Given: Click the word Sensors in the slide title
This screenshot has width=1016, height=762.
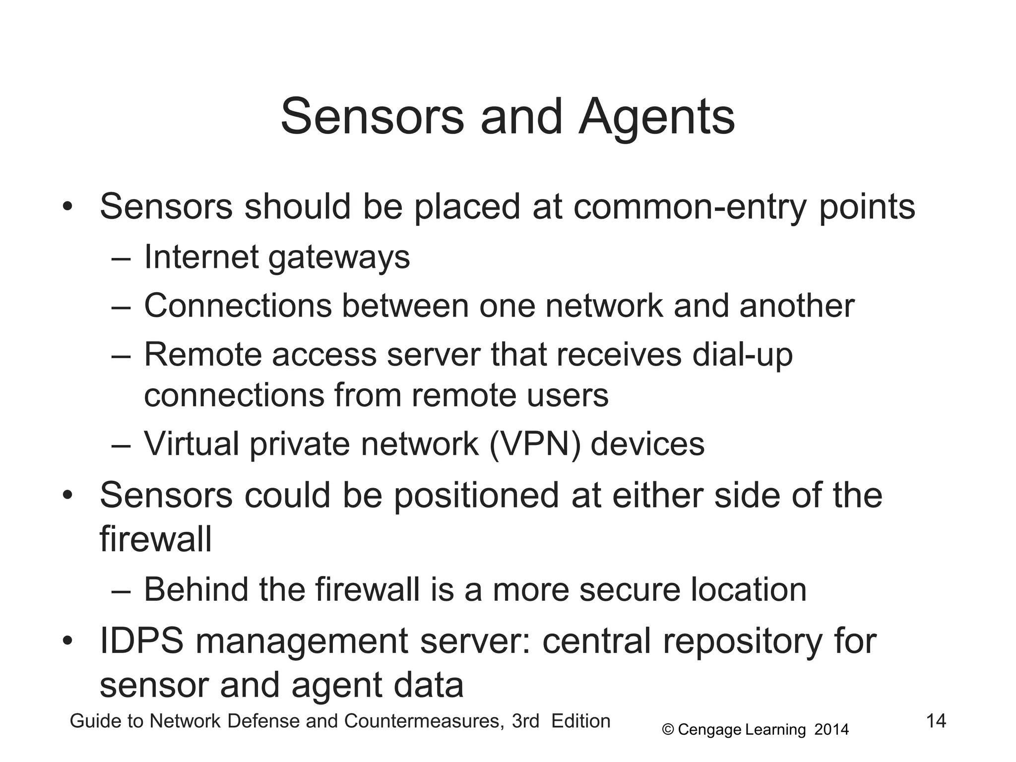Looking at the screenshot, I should (x=372, y=117).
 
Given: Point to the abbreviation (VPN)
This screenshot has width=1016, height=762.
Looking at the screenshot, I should (x=535, y=444).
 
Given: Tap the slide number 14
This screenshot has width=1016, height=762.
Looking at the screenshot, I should (x=936, y=720).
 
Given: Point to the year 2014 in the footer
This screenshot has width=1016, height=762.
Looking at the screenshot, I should (x=831, y=730).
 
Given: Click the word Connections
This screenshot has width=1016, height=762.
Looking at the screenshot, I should (x=238, y=306).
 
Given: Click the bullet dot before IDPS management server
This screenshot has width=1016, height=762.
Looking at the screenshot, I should (x=68, y=641).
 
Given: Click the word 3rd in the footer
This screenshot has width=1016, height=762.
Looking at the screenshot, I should (x=525, y=721).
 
